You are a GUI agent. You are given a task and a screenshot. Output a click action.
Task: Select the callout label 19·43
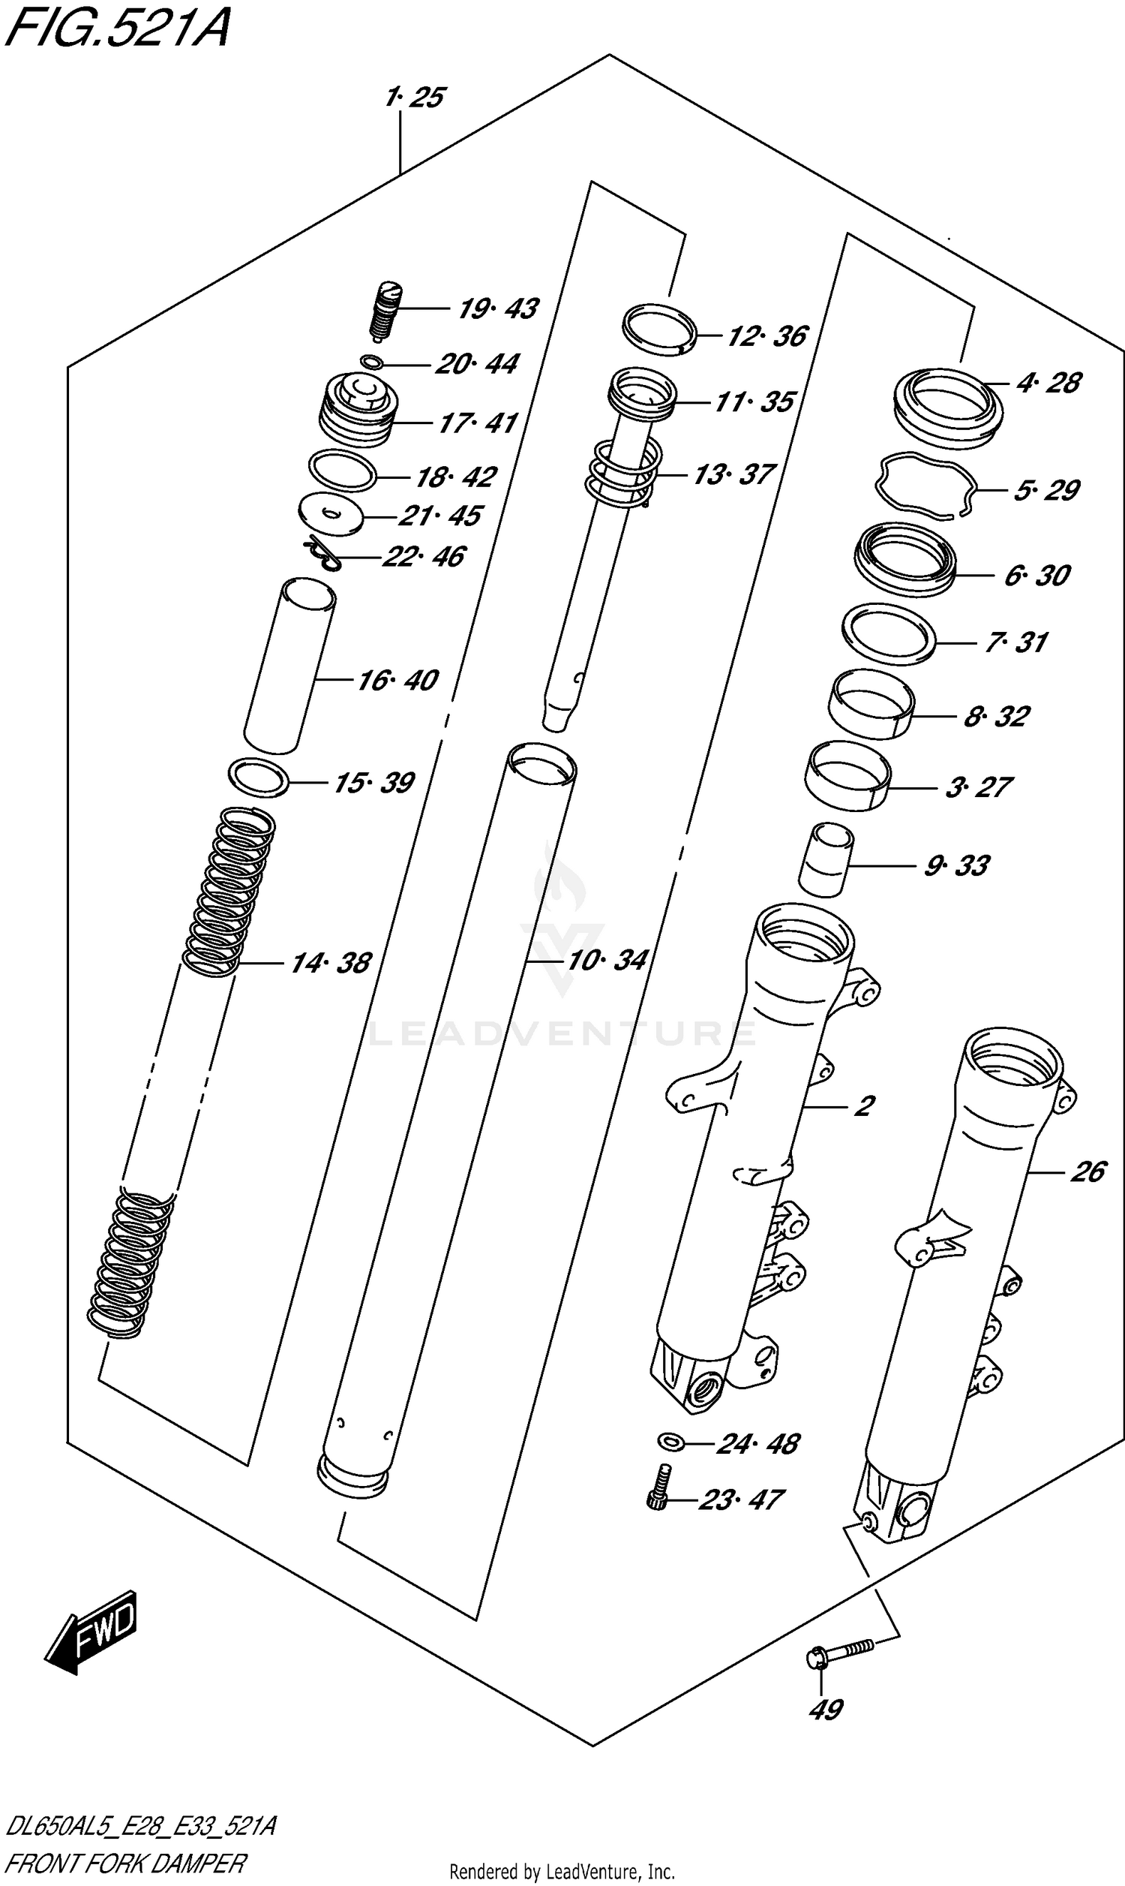pyautogui.click(x=498, y=308)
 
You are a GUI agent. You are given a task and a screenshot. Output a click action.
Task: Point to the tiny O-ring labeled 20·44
pyautogui.click(x=371, y=362)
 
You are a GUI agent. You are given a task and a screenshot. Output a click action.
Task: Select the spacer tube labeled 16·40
pyautogui.click(x=289, y=666)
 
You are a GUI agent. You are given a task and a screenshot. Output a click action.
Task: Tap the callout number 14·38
pyautogui.click(x=331, y=963)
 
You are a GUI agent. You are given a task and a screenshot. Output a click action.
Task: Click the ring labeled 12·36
pyautogui.click(x=659, y=329)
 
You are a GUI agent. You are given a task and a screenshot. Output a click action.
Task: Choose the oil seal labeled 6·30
pyautogui.click(x=904, y=557)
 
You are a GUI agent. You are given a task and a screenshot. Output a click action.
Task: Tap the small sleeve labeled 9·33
pyautogui.click(x=826, y=860)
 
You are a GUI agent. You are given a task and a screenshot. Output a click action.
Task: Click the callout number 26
pyautogui.click(x=1087, y=1172)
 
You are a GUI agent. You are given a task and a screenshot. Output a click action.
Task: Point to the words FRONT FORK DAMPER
pyautogui.click(x=126, y=1863)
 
